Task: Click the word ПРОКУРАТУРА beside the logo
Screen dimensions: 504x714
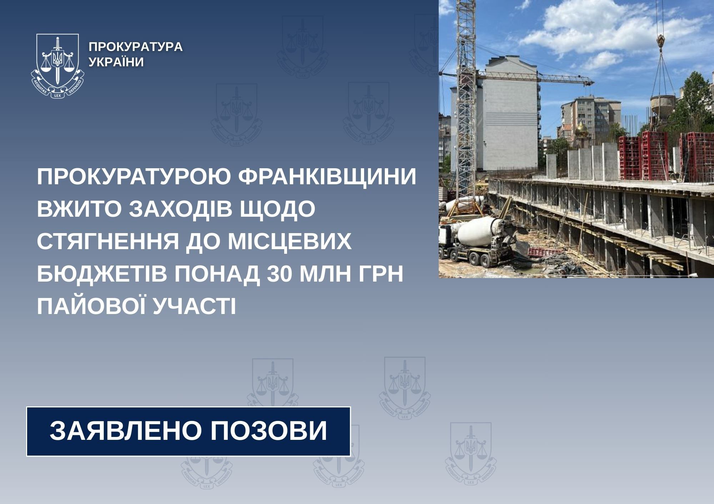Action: click(x=135, y=47)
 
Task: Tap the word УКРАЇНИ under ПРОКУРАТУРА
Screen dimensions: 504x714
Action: click(x=116, y=62)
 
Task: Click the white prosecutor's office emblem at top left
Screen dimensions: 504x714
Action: click(x=57, y=66)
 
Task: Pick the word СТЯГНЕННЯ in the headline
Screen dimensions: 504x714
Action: click(x=108, y=242)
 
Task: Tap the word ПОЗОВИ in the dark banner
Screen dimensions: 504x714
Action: click(x=268, y=431)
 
